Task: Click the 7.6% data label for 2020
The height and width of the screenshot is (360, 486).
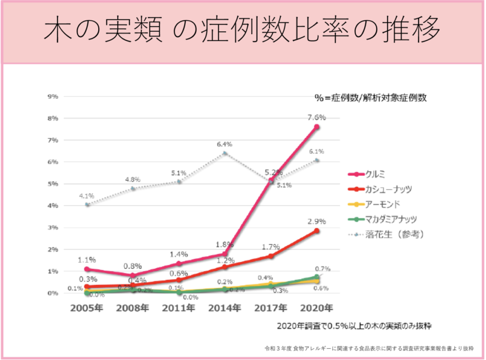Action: [x=316, y=117]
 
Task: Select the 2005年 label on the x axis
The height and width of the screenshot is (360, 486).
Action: [x=87, y=308]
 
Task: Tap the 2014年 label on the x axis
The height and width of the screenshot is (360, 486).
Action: [x=224, y=308]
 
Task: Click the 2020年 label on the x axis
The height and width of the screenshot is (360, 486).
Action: [x=317, y=308]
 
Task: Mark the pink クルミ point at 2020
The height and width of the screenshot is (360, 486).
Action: [x=317, y=127]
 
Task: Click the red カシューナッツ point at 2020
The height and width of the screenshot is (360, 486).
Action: [x=317, y=231]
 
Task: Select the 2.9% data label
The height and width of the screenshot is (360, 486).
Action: [x=316, y=221]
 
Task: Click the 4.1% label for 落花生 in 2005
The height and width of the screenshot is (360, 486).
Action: [x=87, y=195]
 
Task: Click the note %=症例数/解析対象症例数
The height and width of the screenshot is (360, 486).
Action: [x=370, y=98]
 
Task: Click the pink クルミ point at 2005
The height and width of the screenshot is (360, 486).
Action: [x=87, y=269]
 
